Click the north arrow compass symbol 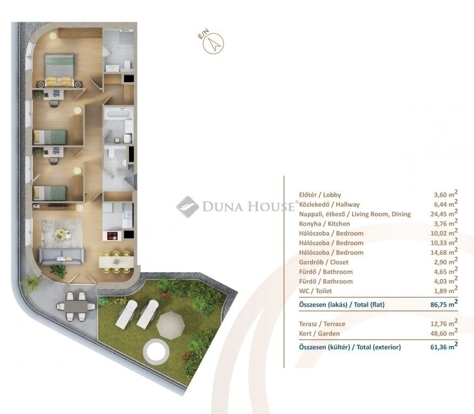click(213, 44)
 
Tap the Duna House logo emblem click(188, 206)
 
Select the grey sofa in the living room click(62, 256)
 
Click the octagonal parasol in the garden click(171, 325)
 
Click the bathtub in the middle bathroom click(118, 114)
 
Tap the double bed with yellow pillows click(59, 71)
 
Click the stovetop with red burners click(112, 235)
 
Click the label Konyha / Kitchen click(324, 224)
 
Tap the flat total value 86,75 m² click(444, 304)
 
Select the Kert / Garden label click(319, 334)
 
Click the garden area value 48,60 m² click(444, 333)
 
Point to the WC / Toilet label click(315, 291)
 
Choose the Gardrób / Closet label click(323, 262)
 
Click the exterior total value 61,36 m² click(444, 347)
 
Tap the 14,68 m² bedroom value click(444, 252)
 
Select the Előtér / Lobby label click(320, 195)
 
